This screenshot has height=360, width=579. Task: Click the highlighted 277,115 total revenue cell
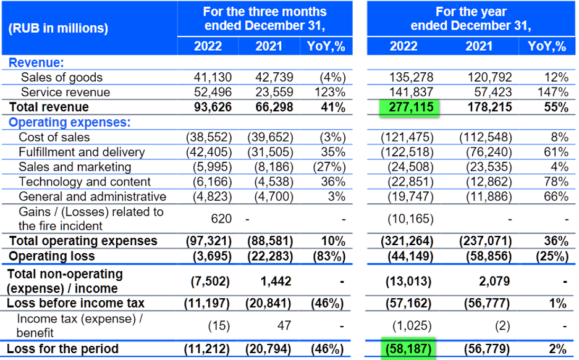point(408,107)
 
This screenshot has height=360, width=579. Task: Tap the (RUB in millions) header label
point(59,28)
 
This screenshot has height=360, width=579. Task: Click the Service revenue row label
point(66,92)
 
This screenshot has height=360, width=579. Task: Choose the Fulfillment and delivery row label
point(82,152)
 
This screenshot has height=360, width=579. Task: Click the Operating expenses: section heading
point(69,122)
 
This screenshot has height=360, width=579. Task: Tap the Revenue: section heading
point(36,62)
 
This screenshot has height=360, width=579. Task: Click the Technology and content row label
point(85,182)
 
